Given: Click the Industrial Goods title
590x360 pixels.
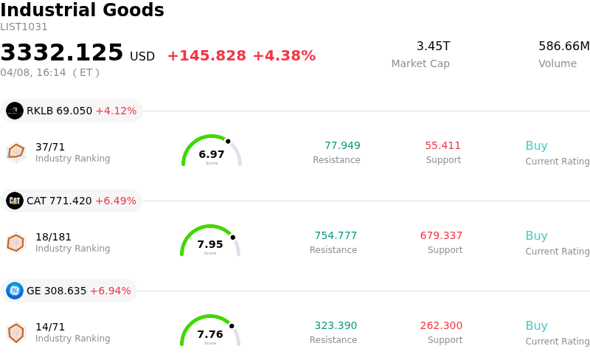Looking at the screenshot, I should [x=82, y=10].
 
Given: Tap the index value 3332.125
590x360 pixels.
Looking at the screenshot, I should [x=62, y=53].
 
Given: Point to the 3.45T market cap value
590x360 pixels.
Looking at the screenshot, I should [x=433, y=46].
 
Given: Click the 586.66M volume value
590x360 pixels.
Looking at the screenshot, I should [x=563, y=46].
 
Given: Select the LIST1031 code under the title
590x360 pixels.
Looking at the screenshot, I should [x=24, y=27].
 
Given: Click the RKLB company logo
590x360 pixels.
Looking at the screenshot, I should [x=15, y=111].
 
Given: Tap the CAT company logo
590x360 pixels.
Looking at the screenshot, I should [x=15, y=201].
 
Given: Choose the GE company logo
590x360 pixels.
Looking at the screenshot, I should [x=15, y=291].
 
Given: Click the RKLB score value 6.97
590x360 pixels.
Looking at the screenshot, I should [x=212, y=154].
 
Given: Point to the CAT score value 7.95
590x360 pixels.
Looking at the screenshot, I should [x=210, y=244].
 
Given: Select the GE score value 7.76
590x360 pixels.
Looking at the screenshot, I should [x=210, y=334].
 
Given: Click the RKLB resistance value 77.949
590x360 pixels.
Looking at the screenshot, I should [x=342, y=145].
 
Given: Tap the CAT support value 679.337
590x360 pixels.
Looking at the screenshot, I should [x=441, y=235].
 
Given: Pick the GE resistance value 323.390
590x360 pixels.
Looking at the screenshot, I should [x=336, y=325].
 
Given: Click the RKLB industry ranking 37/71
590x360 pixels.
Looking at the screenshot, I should [x=50, y=147].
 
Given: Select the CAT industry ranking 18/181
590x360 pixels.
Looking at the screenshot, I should [x=53, y=237].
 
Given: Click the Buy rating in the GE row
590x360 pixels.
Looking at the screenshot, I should [x=536, y=325].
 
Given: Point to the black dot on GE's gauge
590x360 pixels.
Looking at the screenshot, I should [x=232, y=325].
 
